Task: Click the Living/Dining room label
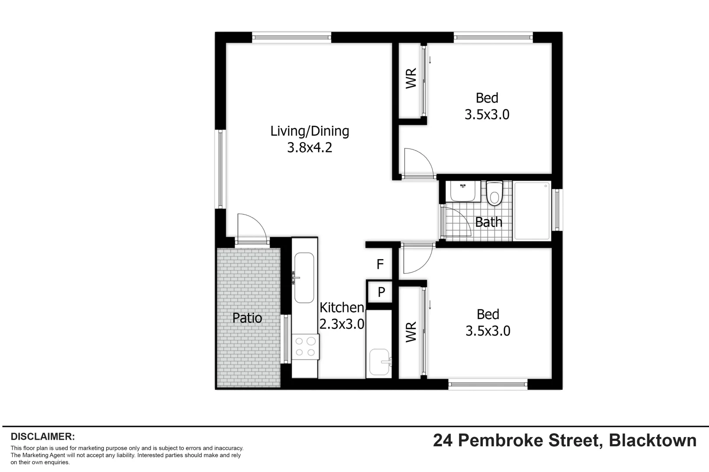[309, 131]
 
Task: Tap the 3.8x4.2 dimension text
[309, 148]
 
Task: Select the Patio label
[247, 318]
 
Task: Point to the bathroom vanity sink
[463, 191]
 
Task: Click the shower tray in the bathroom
[532, 211]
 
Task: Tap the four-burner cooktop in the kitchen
[305, 347]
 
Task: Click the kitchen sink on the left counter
[304, 278]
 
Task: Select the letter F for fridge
[380, 264]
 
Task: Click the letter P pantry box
[381, 292]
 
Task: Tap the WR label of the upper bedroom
[411, 79]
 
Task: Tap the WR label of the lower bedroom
[411, 332]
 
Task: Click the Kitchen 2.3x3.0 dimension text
[342, 324]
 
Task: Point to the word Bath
[488, 222]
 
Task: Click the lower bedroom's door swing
[417, 258]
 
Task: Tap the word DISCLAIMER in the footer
[42, 437]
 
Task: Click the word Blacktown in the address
[652, 441]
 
